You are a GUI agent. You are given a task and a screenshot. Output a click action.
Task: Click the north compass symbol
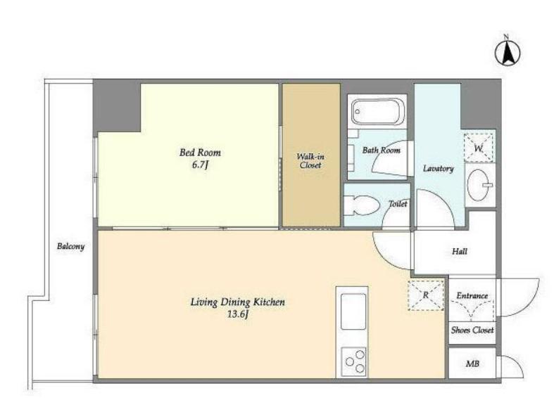pyautogui.click(x=508, y=53)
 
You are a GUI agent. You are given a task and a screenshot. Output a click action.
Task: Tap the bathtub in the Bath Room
pyautogui.click(x=377, y=112)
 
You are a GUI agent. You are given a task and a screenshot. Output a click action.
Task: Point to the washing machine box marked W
pyautogui.click(x=479, y=148)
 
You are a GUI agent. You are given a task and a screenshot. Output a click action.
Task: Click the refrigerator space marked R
pyautogui.click(x=426, y=295)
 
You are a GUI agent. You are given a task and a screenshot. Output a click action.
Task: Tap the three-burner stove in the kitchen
pyautogui.click(x=354, y=361)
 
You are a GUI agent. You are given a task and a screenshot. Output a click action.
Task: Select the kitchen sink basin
pyautogui.click(x=353, y=312)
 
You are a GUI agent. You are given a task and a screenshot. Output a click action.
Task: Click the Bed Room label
pyautogui.click(x=200, y=153)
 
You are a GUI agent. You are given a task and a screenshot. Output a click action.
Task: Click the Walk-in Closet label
pyautogui.click(x=310, y=160)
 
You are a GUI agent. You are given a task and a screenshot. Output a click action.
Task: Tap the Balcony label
pyautogui.click(x=70, y=246)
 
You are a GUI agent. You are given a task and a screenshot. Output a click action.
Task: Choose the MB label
pyautogui.click(x=472, y=364)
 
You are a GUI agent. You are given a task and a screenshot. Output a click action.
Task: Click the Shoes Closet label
pyautogui.click(x=472, y=330)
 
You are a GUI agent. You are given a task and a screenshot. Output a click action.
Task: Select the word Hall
pyautogui.click(x=459, y=251)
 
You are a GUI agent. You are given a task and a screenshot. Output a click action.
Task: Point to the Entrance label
pyautogui.click(x=472, y=295)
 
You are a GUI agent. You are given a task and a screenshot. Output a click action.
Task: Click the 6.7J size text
pyautogui.click(x=200, y=165)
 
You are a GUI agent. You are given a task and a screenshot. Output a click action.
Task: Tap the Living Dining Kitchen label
pyautogui.click(x=237, y=302)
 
